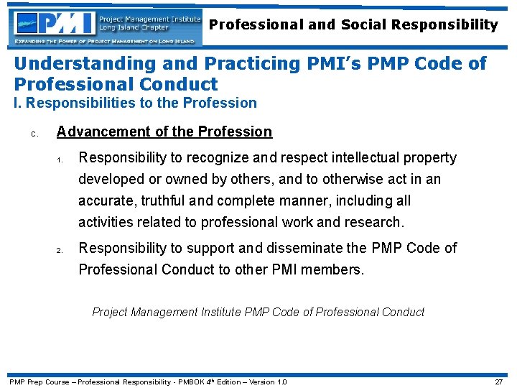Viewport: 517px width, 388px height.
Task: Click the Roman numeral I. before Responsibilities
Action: [18, 103]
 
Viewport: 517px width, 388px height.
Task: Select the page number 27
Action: [498, 382]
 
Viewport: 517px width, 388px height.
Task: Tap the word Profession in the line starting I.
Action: [220, 103]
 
